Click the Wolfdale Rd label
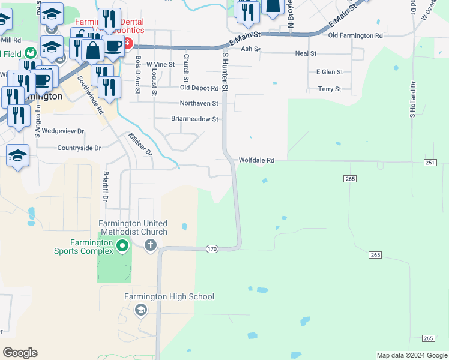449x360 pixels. (x=256, y=161)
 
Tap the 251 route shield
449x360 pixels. (x=430, y=163)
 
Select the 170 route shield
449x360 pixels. (x=211, y=248)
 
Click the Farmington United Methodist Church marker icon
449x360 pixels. (x=151, y=244)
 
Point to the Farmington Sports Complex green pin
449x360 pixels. (x=122, y=245)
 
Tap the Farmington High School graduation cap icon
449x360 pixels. (x=141, y=310)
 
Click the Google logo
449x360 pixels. (x=20, y=353)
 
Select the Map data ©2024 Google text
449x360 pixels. (x=411, y=355)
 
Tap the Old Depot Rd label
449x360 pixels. (x=199, y=88)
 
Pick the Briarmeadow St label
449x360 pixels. (x=194, y=119)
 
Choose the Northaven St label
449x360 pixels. (x=199, y=103)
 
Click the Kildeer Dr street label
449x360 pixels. (x=141, y=145)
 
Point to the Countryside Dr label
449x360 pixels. (x=79, y=148)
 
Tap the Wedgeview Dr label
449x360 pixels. (x=63, y=130)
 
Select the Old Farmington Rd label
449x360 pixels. (x=355, y=35)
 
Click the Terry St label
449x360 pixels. (x=329, y=89)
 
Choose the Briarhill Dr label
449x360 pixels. (x=105, y=186)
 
